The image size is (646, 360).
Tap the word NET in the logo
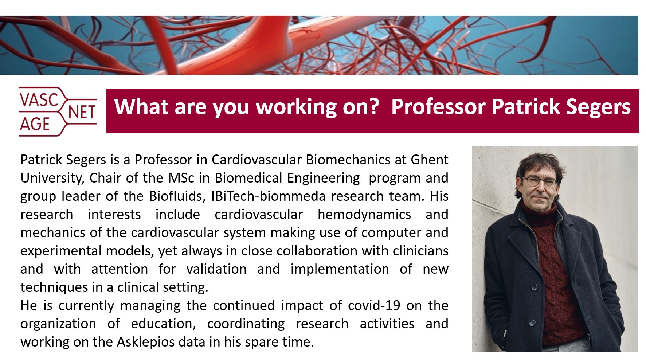(x=82, y=113)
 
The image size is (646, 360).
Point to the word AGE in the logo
(x=35, y=124)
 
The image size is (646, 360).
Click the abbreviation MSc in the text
(x=180, y=178)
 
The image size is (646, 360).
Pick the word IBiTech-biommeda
(x=268, y=196)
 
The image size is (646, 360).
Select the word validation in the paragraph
(x=216, y=269)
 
